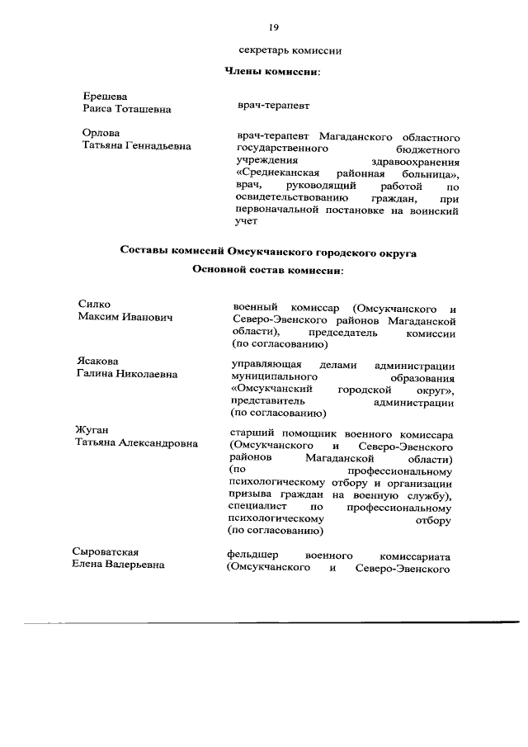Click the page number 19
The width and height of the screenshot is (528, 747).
click(273, 28)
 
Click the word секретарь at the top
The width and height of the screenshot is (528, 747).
click(265, 51)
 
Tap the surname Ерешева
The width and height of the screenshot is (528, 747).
click(105, 97)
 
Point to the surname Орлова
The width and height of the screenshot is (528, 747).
click(101, 133)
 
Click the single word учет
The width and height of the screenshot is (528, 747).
click(247, 222)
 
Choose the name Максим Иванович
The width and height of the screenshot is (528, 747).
click(125, 318)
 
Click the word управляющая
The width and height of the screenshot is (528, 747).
click(266, 364)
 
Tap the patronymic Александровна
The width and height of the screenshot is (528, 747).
click(158, 442)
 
